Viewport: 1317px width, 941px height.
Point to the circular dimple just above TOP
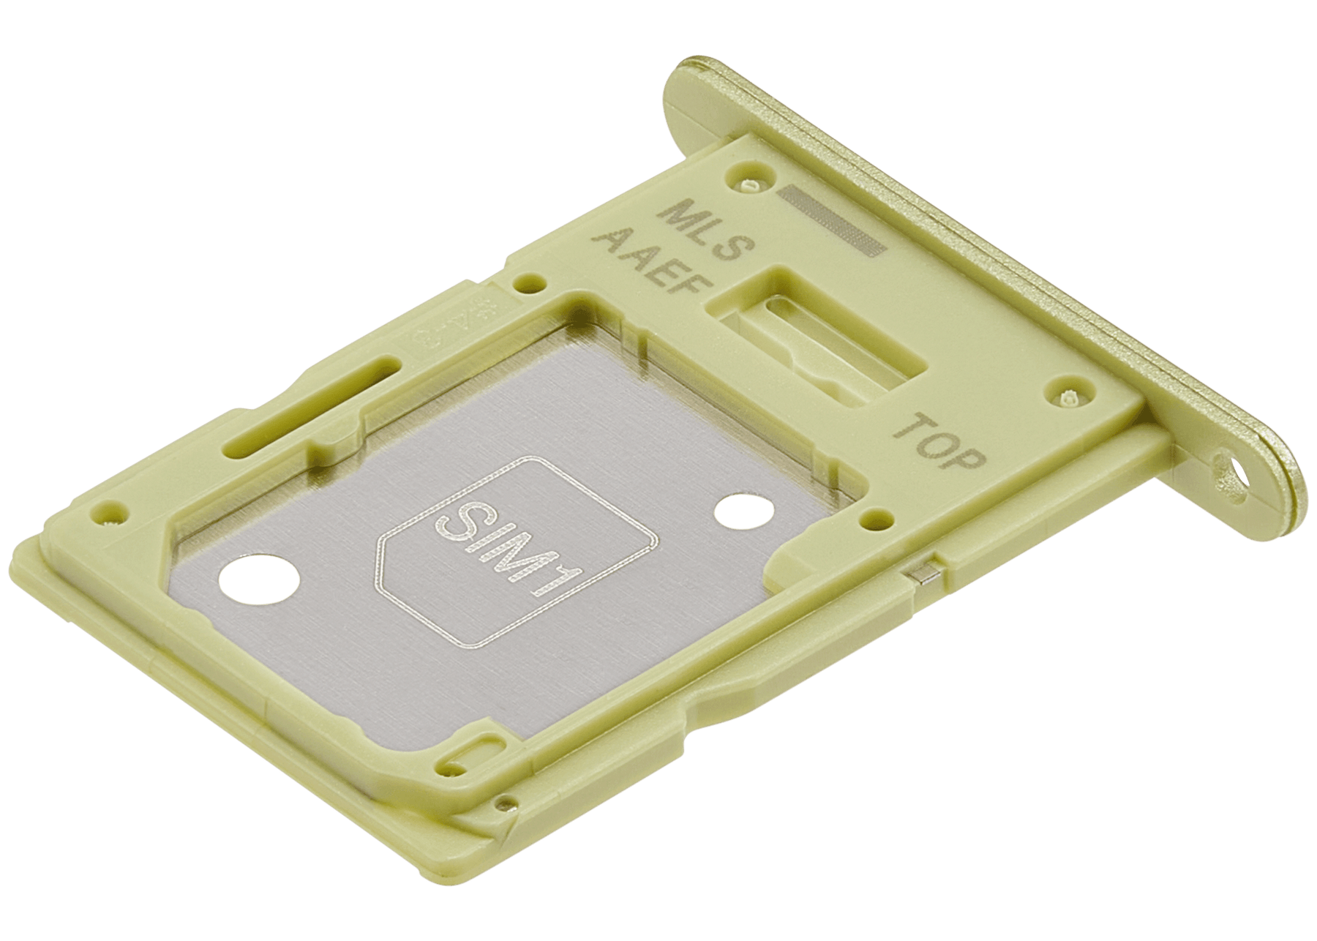point(1065,395)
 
